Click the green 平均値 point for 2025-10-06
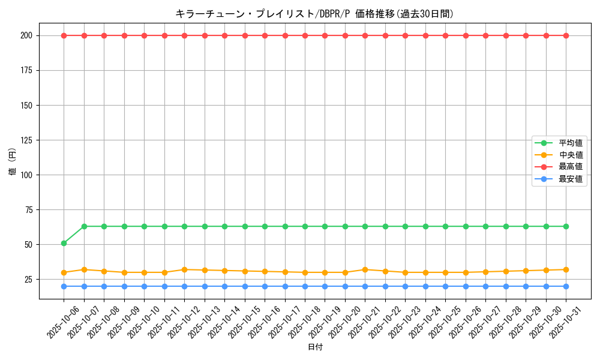pyautogui.click(x=64, y=243)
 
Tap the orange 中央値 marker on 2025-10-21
pyautogui.click(x=365, y=269)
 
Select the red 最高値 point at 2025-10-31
pyautogui.click(x=566, y=35)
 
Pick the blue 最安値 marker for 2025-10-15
pyautogui.click(x=245, y=286)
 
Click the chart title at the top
pyautogui.click(x=314, y=14)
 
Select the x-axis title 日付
pyautogui.click(x=315, y=347)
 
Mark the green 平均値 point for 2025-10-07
pyautogui.click(x=84, y=226)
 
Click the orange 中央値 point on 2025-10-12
pyautogui.click(x=184, y=269)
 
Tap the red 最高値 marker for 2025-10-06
pyautogui.click(x=64, y=35)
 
